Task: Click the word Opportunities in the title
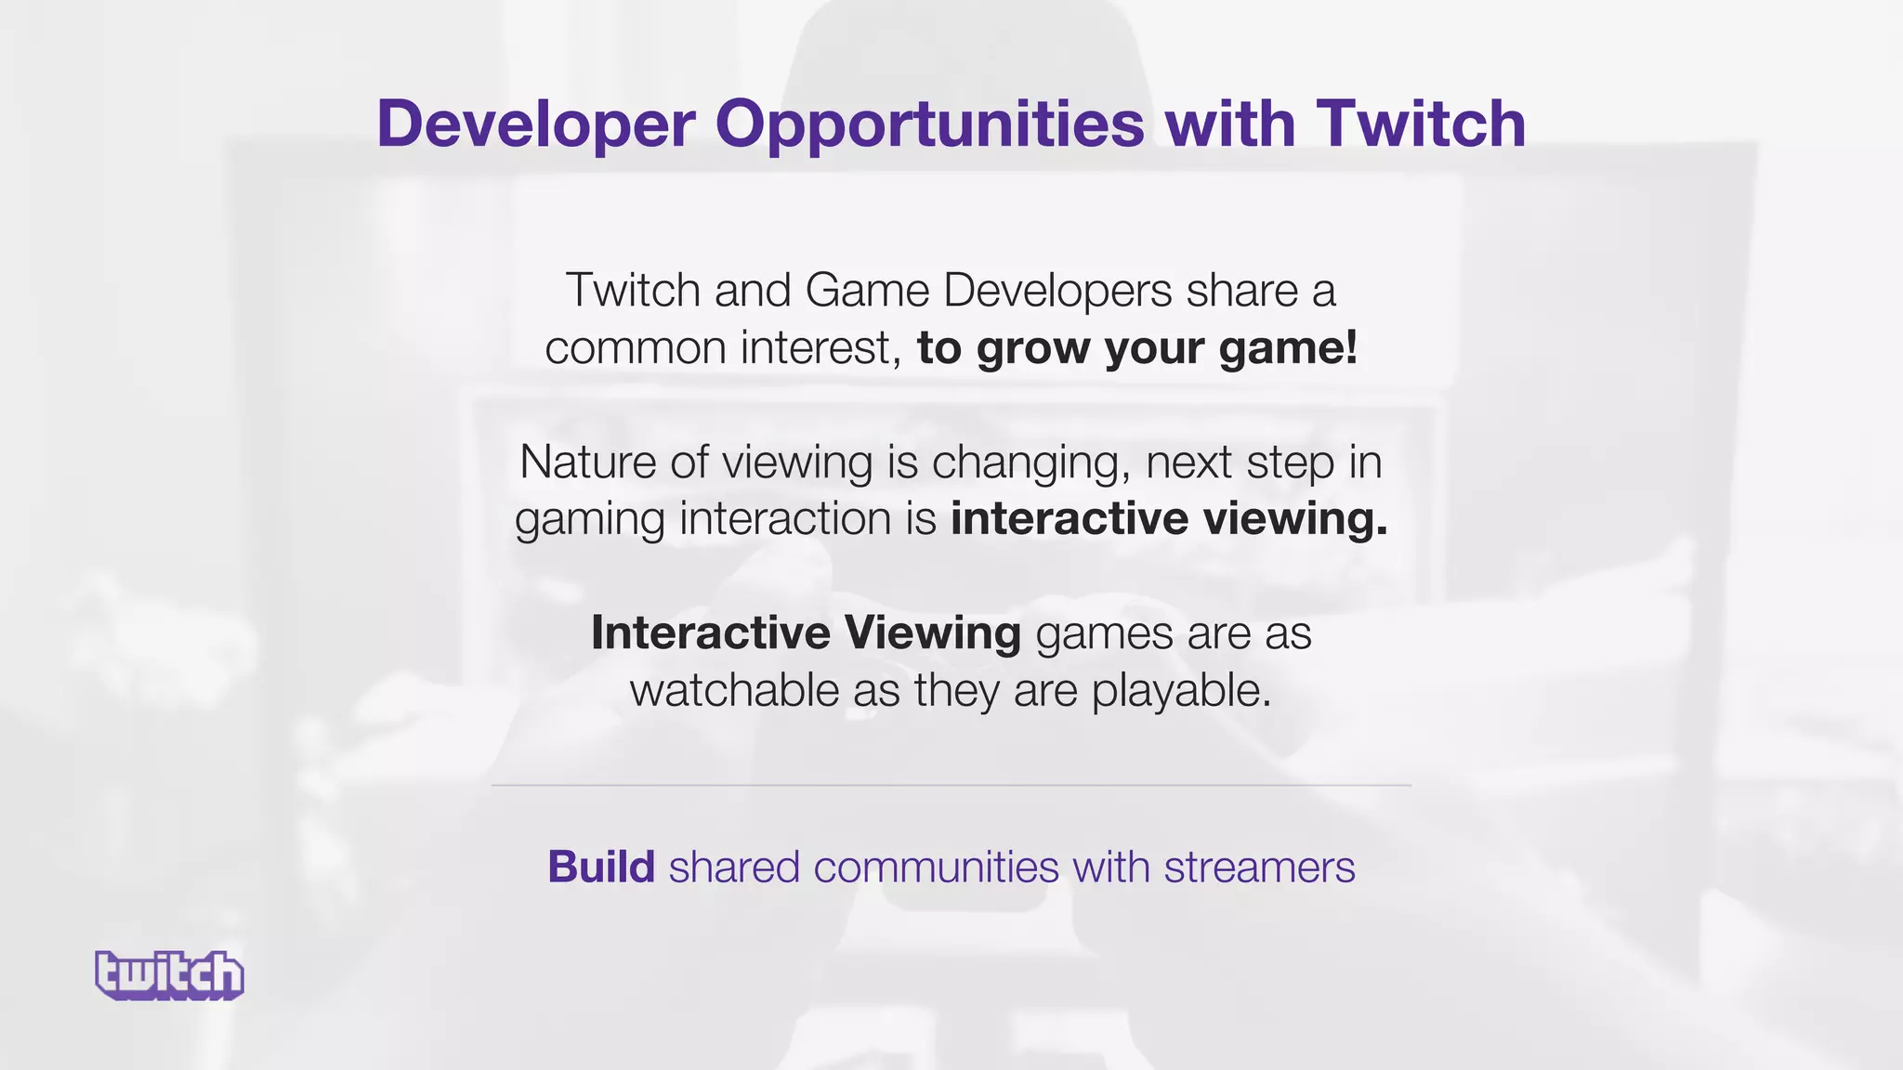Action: tap(929, 124)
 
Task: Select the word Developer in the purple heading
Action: tap(536, 124)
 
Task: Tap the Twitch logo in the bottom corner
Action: tap(170, 975)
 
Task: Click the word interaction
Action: tap(786, 518)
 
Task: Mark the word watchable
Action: tap(734, 691)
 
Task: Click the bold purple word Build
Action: tap(601, 867)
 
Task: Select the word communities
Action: tap(936, 867)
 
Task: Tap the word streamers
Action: tap(1259, 867)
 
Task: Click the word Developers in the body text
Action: tap(1056, 292)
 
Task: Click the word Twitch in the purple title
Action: tap(1421, 124)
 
